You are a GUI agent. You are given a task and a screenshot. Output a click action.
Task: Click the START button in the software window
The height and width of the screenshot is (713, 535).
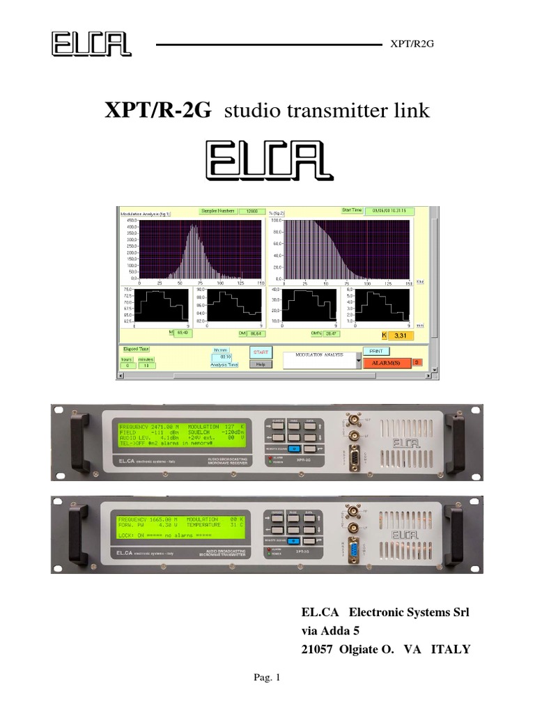pos(261,352)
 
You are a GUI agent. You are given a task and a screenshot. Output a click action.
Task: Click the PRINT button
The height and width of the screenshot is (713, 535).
pos(375,352)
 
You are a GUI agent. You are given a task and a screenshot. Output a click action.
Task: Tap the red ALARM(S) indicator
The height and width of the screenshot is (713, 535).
pos(385,362)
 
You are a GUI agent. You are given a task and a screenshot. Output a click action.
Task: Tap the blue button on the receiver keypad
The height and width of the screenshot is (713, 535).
pos(295,449)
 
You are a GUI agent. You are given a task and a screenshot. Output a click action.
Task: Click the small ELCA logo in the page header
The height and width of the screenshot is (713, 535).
pos(91,44)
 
